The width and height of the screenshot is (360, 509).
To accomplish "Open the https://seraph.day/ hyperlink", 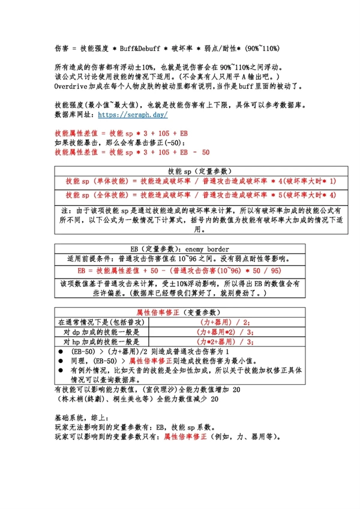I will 131,114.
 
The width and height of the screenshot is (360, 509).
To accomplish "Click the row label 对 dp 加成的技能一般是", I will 101,331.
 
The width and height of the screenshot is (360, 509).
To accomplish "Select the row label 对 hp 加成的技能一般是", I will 101,341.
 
